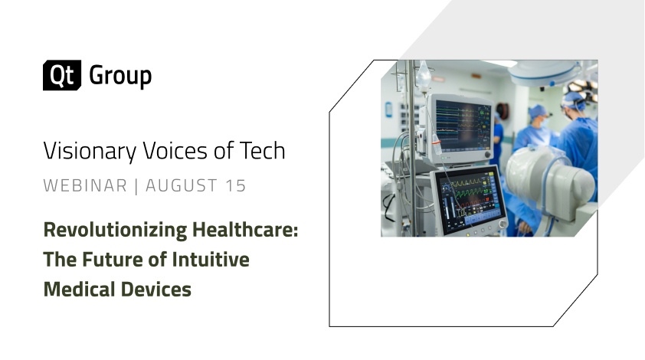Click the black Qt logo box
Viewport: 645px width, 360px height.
point(62,75)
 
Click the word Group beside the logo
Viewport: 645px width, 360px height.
point(120,77)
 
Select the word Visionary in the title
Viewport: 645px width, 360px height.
point(90,151)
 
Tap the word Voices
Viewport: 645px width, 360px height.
point(175,151)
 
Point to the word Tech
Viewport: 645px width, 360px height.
point(263,151)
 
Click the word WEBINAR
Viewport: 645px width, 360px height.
point(85,185)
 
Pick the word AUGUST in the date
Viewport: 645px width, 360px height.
point(182,185)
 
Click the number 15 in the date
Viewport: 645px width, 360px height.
point(236,185)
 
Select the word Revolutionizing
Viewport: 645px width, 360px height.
point(115,230)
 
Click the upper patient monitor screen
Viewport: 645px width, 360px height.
point(463,126)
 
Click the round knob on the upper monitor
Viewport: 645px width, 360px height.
point(488,155)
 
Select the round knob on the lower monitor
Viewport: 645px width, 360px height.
point(503,224)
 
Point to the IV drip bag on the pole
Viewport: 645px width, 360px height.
point(423,74)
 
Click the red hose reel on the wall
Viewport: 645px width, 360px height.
point(503,110)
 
